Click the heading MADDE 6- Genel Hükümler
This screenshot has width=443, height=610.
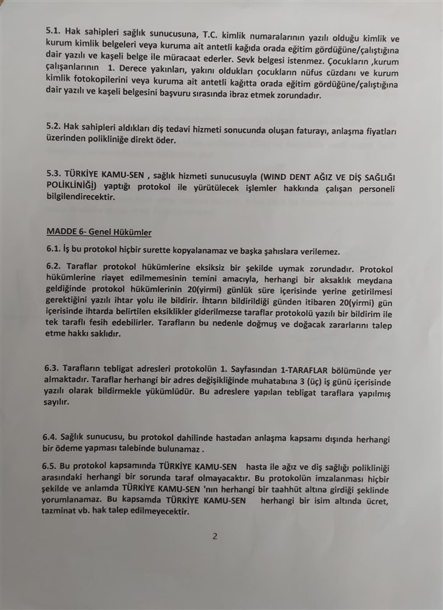99,232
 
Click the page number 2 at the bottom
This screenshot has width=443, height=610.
215,537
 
